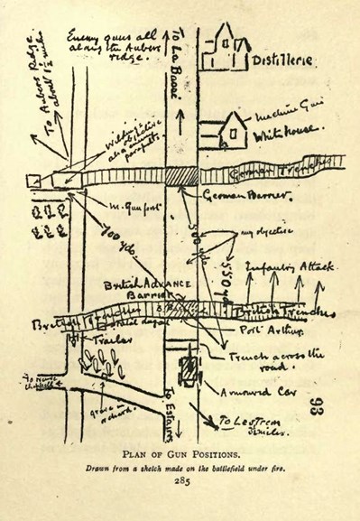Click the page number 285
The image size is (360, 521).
click(x=180, y=481)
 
